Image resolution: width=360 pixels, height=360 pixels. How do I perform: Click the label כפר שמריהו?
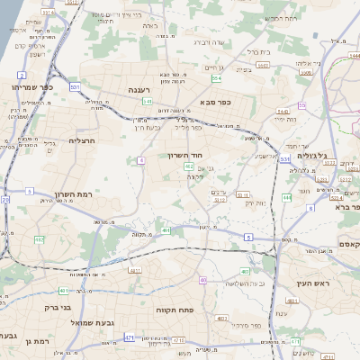click(34, 87)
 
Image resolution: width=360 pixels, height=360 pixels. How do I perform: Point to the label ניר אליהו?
click(289, 64)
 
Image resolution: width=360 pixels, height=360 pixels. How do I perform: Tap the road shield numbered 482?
click(39, 239)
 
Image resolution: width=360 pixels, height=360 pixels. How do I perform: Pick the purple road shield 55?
click(302, 105)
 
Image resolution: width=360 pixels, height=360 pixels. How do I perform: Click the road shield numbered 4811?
click(135, 270)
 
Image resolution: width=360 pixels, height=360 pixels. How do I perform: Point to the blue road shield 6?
click(141, 160)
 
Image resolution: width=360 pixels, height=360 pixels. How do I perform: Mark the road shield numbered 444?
click(286, 196)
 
